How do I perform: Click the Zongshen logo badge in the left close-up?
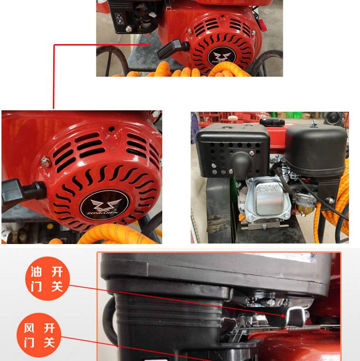pos(104,205)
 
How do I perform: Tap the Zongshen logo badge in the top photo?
pos(221,57)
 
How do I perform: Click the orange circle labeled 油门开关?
pos(47,279)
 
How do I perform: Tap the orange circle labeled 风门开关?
pos(39,335)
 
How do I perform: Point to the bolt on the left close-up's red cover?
pos(46,163)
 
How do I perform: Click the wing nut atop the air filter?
pos(313,123)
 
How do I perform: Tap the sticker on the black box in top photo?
pos(119,19)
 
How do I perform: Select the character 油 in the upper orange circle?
pos(36,272)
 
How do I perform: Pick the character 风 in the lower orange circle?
pos(29,328)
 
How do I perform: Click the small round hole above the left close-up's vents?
pos(111,129)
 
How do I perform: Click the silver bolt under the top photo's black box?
pos(129,29)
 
